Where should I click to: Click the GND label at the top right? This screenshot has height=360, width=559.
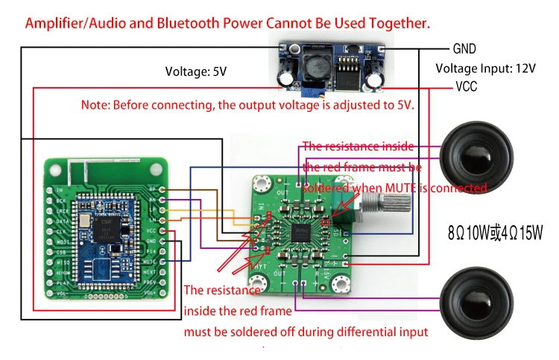tap(464, 49)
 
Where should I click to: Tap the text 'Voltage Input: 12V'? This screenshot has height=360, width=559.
tap(485, 69)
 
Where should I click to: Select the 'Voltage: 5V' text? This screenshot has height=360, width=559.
tap(196, 72)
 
